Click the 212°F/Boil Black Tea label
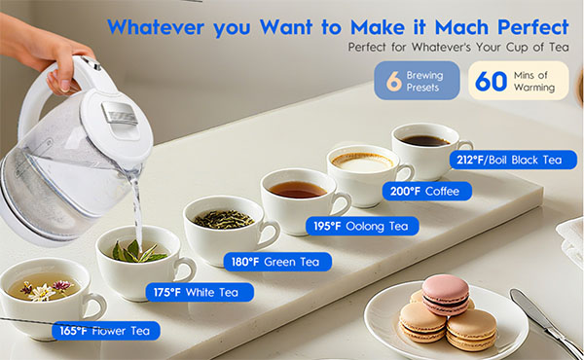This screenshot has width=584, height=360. point(513,161)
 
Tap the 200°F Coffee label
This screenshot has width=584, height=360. point(427,192)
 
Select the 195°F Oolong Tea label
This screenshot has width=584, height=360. point(362,226)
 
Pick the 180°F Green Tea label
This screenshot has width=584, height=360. point(277,262)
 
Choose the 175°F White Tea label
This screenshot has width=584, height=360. point(200,292)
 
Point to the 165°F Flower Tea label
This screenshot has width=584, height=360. point(106,331)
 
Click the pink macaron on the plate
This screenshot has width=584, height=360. point(445,294)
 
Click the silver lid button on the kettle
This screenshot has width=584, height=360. point(119,113)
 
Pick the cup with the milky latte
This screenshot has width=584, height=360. point(367,173)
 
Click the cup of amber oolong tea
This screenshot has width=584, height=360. point(303,200)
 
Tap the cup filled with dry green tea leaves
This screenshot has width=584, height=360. point(228,230)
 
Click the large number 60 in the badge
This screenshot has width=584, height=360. point(491,81)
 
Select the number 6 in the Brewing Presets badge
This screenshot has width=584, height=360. point(393,81)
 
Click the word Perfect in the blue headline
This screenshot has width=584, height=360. point(533,27)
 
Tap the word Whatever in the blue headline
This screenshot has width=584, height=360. point(156,27)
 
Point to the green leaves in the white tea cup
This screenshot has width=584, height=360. point(137,252)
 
